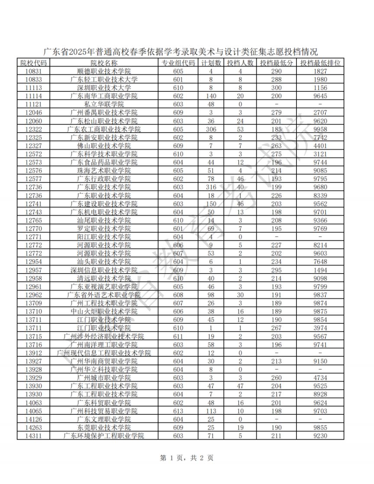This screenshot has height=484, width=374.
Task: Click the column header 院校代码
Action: [x=33, y=63]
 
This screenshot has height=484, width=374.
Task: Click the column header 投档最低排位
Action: [x=320, y=63]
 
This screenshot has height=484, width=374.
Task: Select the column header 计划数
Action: [x=211, y=63]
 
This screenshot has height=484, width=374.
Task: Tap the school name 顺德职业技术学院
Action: [x=104, y=71]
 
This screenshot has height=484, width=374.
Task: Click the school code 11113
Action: [x=33, y=87]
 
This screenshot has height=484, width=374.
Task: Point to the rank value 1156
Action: [x=320, y=87]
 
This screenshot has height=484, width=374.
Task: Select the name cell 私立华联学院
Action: [x=104, y=104]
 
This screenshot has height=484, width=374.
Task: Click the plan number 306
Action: [x=211, y=129]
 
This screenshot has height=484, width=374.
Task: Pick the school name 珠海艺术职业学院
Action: [x=104, y=170]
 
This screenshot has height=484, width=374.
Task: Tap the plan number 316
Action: [x=211, y=187]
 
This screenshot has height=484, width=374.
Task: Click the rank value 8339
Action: [x=320, y=195]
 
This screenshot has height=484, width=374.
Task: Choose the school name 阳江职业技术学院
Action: [x=104, y=236]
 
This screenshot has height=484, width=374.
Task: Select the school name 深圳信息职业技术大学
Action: [x=104, y=270]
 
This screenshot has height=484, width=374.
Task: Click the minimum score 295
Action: [x=276, y=270]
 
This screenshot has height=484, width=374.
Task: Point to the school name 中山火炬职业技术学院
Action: [x=104, y=311]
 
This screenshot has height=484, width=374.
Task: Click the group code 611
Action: [x=178, y=336]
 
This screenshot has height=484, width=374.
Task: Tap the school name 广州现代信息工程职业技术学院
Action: [x=104, y=352]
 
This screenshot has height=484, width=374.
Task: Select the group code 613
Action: [x=178, y=410]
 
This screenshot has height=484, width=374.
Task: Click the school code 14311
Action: [x=33, y=436]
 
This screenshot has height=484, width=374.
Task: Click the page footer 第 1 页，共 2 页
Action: [x=187, y=458]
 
